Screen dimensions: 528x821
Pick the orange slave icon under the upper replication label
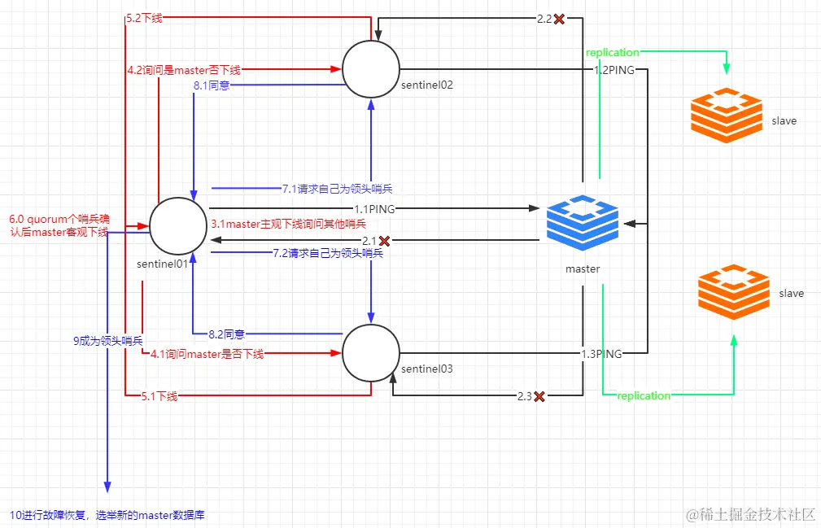[x=726, y=116]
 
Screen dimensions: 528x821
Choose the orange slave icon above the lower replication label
[x=733, y=290]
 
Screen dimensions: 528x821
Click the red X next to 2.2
[x=559, y=19]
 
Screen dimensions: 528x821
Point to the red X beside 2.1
[x=385, y=241]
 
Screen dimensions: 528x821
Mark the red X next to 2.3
[x=539, y=396]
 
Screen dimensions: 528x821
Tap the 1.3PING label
[x=601, y=354]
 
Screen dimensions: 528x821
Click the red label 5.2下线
[x=144, y=18]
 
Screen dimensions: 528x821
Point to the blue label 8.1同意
[x=211, y=85]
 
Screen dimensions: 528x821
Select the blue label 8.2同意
[x=227, y=334]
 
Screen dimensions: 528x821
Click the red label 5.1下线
[x=159, y=396]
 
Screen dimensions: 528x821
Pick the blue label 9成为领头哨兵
[x=107, y=341]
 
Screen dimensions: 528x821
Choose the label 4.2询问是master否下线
[x=184, y=71]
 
